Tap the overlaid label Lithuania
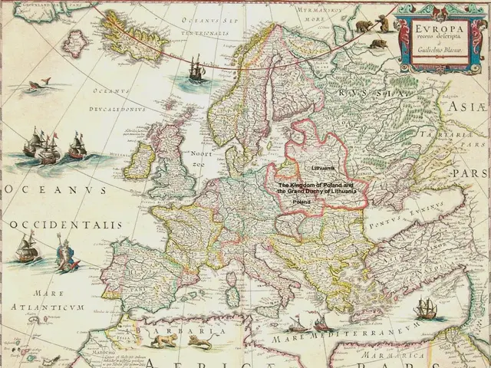(321, 166)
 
